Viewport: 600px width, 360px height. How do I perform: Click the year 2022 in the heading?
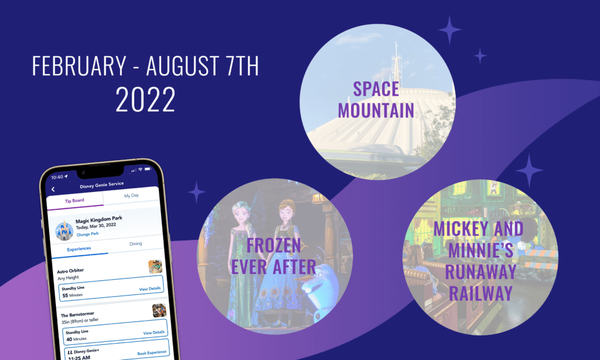(145, 99)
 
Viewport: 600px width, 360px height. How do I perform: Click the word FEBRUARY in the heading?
(79, 66)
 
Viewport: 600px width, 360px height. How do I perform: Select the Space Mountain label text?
(376, 100)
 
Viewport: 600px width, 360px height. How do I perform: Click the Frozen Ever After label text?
(274, 256)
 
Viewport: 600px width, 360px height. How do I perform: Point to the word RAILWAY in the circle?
(480, 293)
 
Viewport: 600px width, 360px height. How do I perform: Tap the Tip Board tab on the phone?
(74, 201)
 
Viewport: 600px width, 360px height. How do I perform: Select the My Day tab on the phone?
(131, 195)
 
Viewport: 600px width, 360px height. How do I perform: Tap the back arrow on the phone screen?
(53, 189)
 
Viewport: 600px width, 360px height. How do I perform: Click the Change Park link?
(88, 234)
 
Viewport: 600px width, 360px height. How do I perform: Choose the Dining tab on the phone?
(135, 243)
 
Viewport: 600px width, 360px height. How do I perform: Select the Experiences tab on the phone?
(79, 249)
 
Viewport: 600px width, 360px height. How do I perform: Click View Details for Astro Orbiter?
(149, 289)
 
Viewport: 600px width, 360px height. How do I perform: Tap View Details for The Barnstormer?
(154, 332)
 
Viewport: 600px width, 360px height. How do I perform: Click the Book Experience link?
(152, 353)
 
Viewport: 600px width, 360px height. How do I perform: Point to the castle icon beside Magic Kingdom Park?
(64, 230)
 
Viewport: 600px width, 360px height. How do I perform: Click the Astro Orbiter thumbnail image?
(155, 266)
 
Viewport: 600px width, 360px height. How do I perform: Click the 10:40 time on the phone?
(57, 177)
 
